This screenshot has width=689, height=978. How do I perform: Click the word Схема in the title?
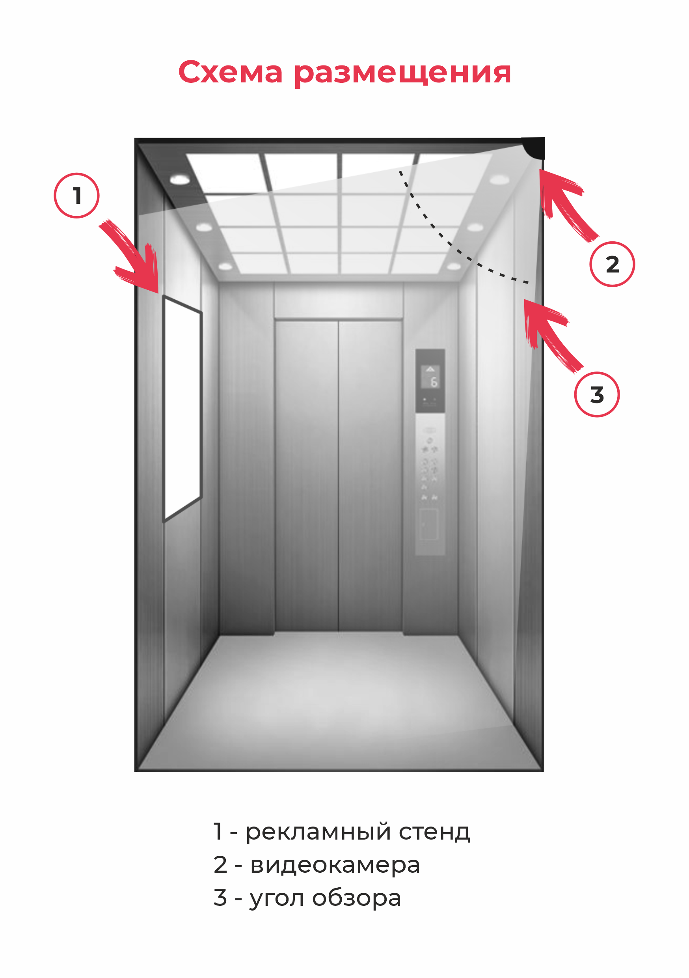pyautogui.click(x=230, y=73)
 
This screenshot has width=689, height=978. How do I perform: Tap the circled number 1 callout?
pyautogui.click(x=76, y=196)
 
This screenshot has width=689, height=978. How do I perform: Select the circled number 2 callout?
pyautogui.click(x=612, y=264)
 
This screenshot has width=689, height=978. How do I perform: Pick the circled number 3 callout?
pyautogui.click(x=597, y=394)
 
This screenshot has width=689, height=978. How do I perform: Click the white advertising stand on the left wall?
pyautogui.click(x=182, y=409)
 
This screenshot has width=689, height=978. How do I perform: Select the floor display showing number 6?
pyautogui.click(x=430, y=377)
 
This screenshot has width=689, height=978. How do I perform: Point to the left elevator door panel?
pyautogui.click(x=307, y=475)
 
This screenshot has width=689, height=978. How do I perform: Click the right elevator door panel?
pyautogui.click(x=370, y=475)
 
